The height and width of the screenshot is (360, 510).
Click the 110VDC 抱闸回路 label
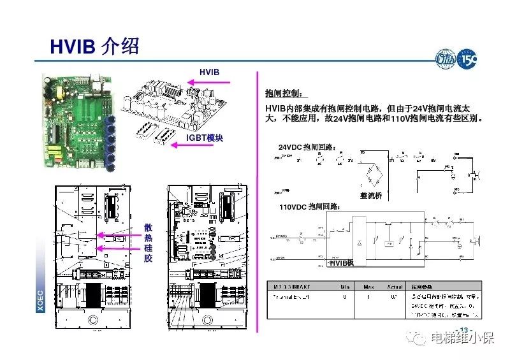[310, 207]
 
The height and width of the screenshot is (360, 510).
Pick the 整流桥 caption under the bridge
[370, 196]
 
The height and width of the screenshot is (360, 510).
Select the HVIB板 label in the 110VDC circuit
[341, 263]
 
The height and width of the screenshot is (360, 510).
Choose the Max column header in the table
[369, 286]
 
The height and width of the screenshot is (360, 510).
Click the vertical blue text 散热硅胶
[148, 243]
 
